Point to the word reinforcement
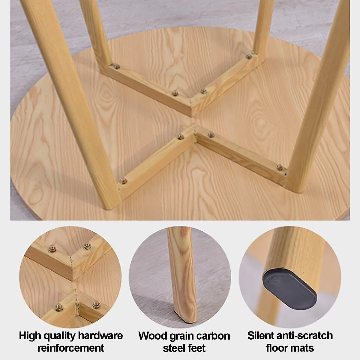pyautogui.click(x=71, y=348)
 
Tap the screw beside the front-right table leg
pyautogui.click(x=280, y=167)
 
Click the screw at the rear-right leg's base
pyautogui.click(x=249, y=56)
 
